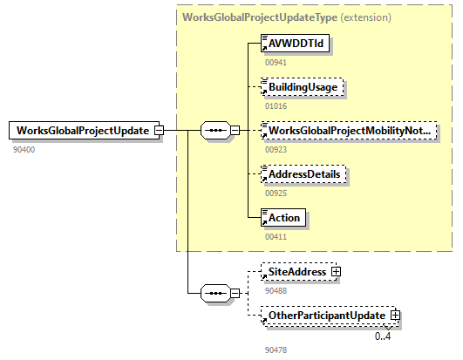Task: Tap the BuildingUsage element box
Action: pos(301,87)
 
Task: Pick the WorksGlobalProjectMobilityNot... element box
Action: pos(349,131)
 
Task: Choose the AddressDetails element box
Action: pos(304,174)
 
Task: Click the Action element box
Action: pos(283,217)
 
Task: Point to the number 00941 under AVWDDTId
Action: pos(276,63)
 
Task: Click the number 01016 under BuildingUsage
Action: pos(276,105)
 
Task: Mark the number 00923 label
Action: pos(276,149)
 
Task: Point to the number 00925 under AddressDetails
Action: pos(276,193)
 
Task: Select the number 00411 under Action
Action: pos(276,235)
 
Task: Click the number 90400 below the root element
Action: pos(24,150)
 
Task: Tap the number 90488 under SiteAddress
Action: pos(276,289)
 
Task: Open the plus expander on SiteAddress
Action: pos(336,272)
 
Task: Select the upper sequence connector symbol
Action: pos(214,131)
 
